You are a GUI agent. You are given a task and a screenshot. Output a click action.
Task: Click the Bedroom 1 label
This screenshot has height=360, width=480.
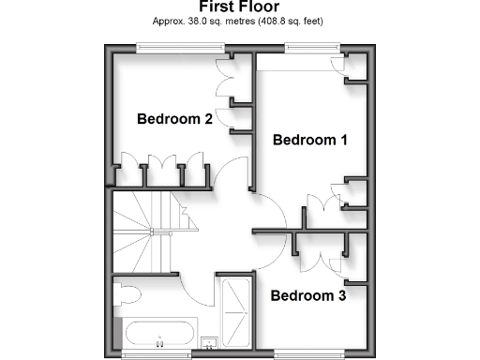pyautogui.click(x=310, y=140)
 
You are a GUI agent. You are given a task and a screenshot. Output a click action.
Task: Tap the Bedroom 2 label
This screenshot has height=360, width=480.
pyautogui.click(x=174, y=119)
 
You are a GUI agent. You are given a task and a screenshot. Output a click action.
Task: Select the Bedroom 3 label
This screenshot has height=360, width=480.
pyautogui.click(x=308, y=296)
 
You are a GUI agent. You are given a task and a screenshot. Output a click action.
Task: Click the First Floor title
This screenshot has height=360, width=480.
pyautogui.click(x=239, y=7)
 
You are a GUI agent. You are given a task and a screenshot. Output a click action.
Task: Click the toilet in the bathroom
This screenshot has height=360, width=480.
pyautogui.click(x=126, y=296)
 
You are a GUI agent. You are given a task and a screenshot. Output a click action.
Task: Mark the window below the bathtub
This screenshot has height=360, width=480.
pyautogui.click(x=160, y=353)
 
